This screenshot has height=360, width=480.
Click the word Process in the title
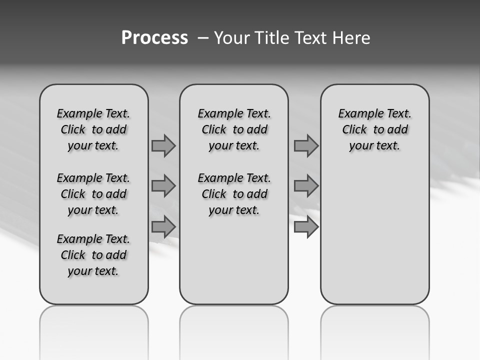pyautogui.click(x=154, y=37)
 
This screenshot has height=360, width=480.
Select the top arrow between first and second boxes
pyautogui.click(x=163, y=146)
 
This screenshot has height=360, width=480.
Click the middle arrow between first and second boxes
pyautogui.click(x=163, y=186)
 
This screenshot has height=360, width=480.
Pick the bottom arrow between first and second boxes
pyautogui.click(x=163, y=227)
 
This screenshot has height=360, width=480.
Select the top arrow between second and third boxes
pyautogui.click(x=306, y=146)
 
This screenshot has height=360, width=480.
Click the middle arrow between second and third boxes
pyautogui.click(x=306, y=186)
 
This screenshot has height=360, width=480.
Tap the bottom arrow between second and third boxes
pyautogui.click(x=306, y=227)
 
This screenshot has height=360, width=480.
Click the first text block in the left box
pyautogui.click(x=93, y=129)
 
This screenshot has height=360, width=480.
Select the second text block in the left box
pyautogui.click(x=93, y=194)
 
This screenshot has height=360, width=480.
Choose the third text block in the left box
pyautogui.click(x=93, y=255)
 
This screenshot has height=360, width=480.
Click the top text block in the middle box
pyautogui.click(x=234, y=129)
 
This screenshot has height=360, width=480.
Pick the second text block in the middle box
pyautogui.click(x=234, y=194)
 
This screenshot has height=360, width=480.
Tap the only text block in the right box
pyautogui.click(x=375, y=129)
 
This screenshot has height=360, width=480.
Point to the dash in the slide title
pyautogui.click(x=203, y=38)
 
